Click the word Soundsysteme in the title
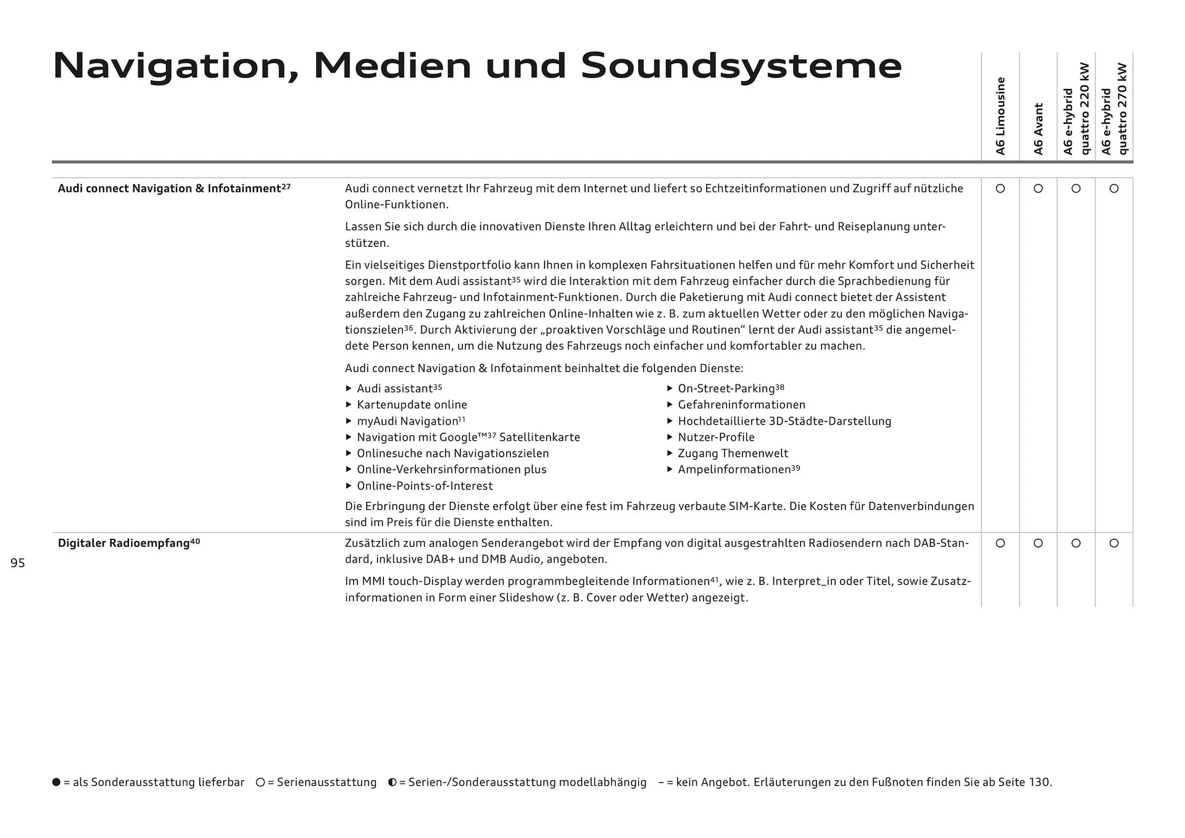pyautogui.click(x=741, y=66)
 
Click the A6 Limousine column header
pyautogui.click(x=1000, y=116)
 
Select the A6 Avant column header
pyautogui.click(x=1038, y=128)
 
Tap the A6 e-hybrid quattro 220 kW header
pyautogui.click(x=1076, y=109)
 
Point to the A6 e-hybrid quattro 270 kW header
pyautogui.click(x=1114, y=109)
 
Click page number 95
pyautogui.click(x=18, y=563)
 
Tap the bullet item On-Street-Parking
pyautogui.click(x=726, y=389)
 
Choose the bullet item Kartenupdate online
pyautogui.click(x=412, y=405)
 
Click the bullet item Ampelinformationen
pyautogui.click(x=734, y=470)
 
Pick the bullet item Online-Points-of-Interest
pyautogui.click(x=425, y=486)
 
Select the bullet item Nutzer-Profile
pyautogui.click(x=716, y=438)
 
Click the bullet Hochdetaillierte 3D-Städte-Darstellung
pyautogui.click(x=784, y=421)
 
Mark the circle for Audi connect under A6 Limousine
pyautogui.click(x=1000, y=189)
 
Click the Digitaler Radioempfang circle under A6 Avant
pyautogui.click(x=1038, y=543)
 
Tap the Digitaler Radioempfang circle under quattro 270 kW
pyautogui.click(x=1114, y=543)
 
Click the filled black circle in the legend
pyautogui.click(x=57, y=782)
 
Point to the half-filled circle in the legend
pyautogui.click(x=393, y=782)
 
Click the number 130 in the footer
pyautogui.click(x=1039, y=782)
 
